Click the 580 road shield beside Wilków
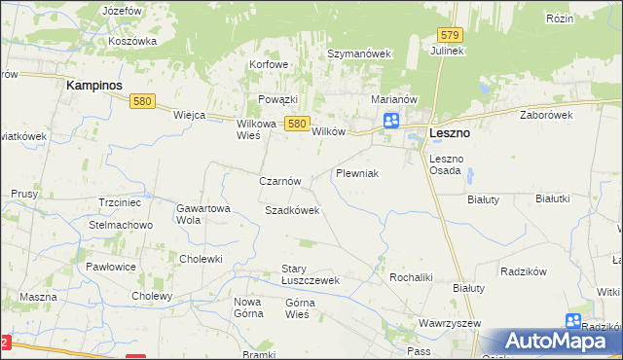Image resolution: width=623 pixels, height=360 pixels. pyautogui.click(x=298, y=123)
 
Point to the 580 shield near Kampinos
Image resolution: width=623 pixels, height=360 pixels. pyautogui.click(x=143, y=101)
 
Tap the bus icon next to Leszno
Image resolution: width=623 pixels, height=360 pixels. pyautogui.click(x=391, y=121)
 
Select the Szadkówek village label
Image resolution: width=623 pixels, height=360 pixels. pyautogui.click(x=292, y=210)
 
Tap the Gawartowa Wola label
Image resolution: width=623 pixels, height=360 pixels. pyautogui.click(x=202, y=214)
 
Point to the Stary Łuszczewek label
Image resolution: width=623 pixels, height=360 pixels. pyautogui.click(x=309, y=274)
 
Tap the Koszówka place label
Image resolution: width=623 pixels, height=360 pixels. pyautogui.click(x=133, y=41)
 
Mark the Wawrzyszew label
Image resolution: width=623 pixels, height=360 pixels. pyautogui.click(x=446, y=321)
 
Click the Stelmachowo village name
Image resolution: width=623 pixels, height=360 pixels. pyautogui.click(x=121, y=225)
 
